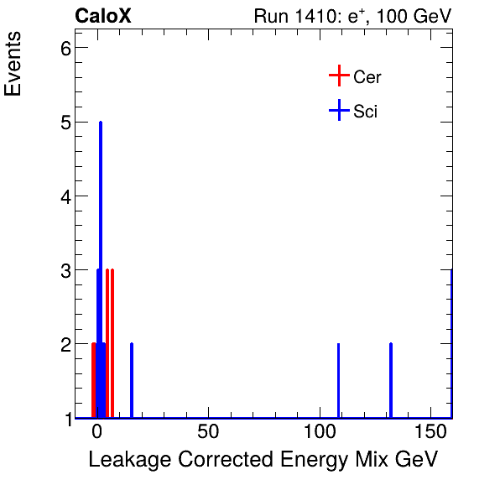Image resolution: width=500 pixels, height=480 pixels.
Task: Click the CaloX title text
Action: point(103,16)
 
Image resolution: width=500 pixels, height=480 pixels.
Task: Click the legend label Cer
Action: point(367,77)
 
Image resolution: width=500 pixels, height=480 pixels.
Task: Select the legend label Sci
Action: point(365,111)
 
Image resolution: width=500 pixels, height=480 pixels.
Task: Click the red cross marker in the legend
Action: point(338,76)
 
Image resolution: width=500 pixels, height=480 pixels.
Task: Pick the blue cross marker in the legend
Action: point(338,110)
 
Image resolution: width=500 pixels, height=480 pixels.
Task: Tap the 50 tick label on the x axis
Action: point(208,433)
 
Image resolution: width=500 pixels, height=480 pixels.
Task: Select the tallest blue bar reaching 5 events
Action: point(101,269)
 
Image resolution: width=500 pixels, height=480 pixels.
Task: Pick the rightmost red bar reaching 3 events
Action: point(112,343)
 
